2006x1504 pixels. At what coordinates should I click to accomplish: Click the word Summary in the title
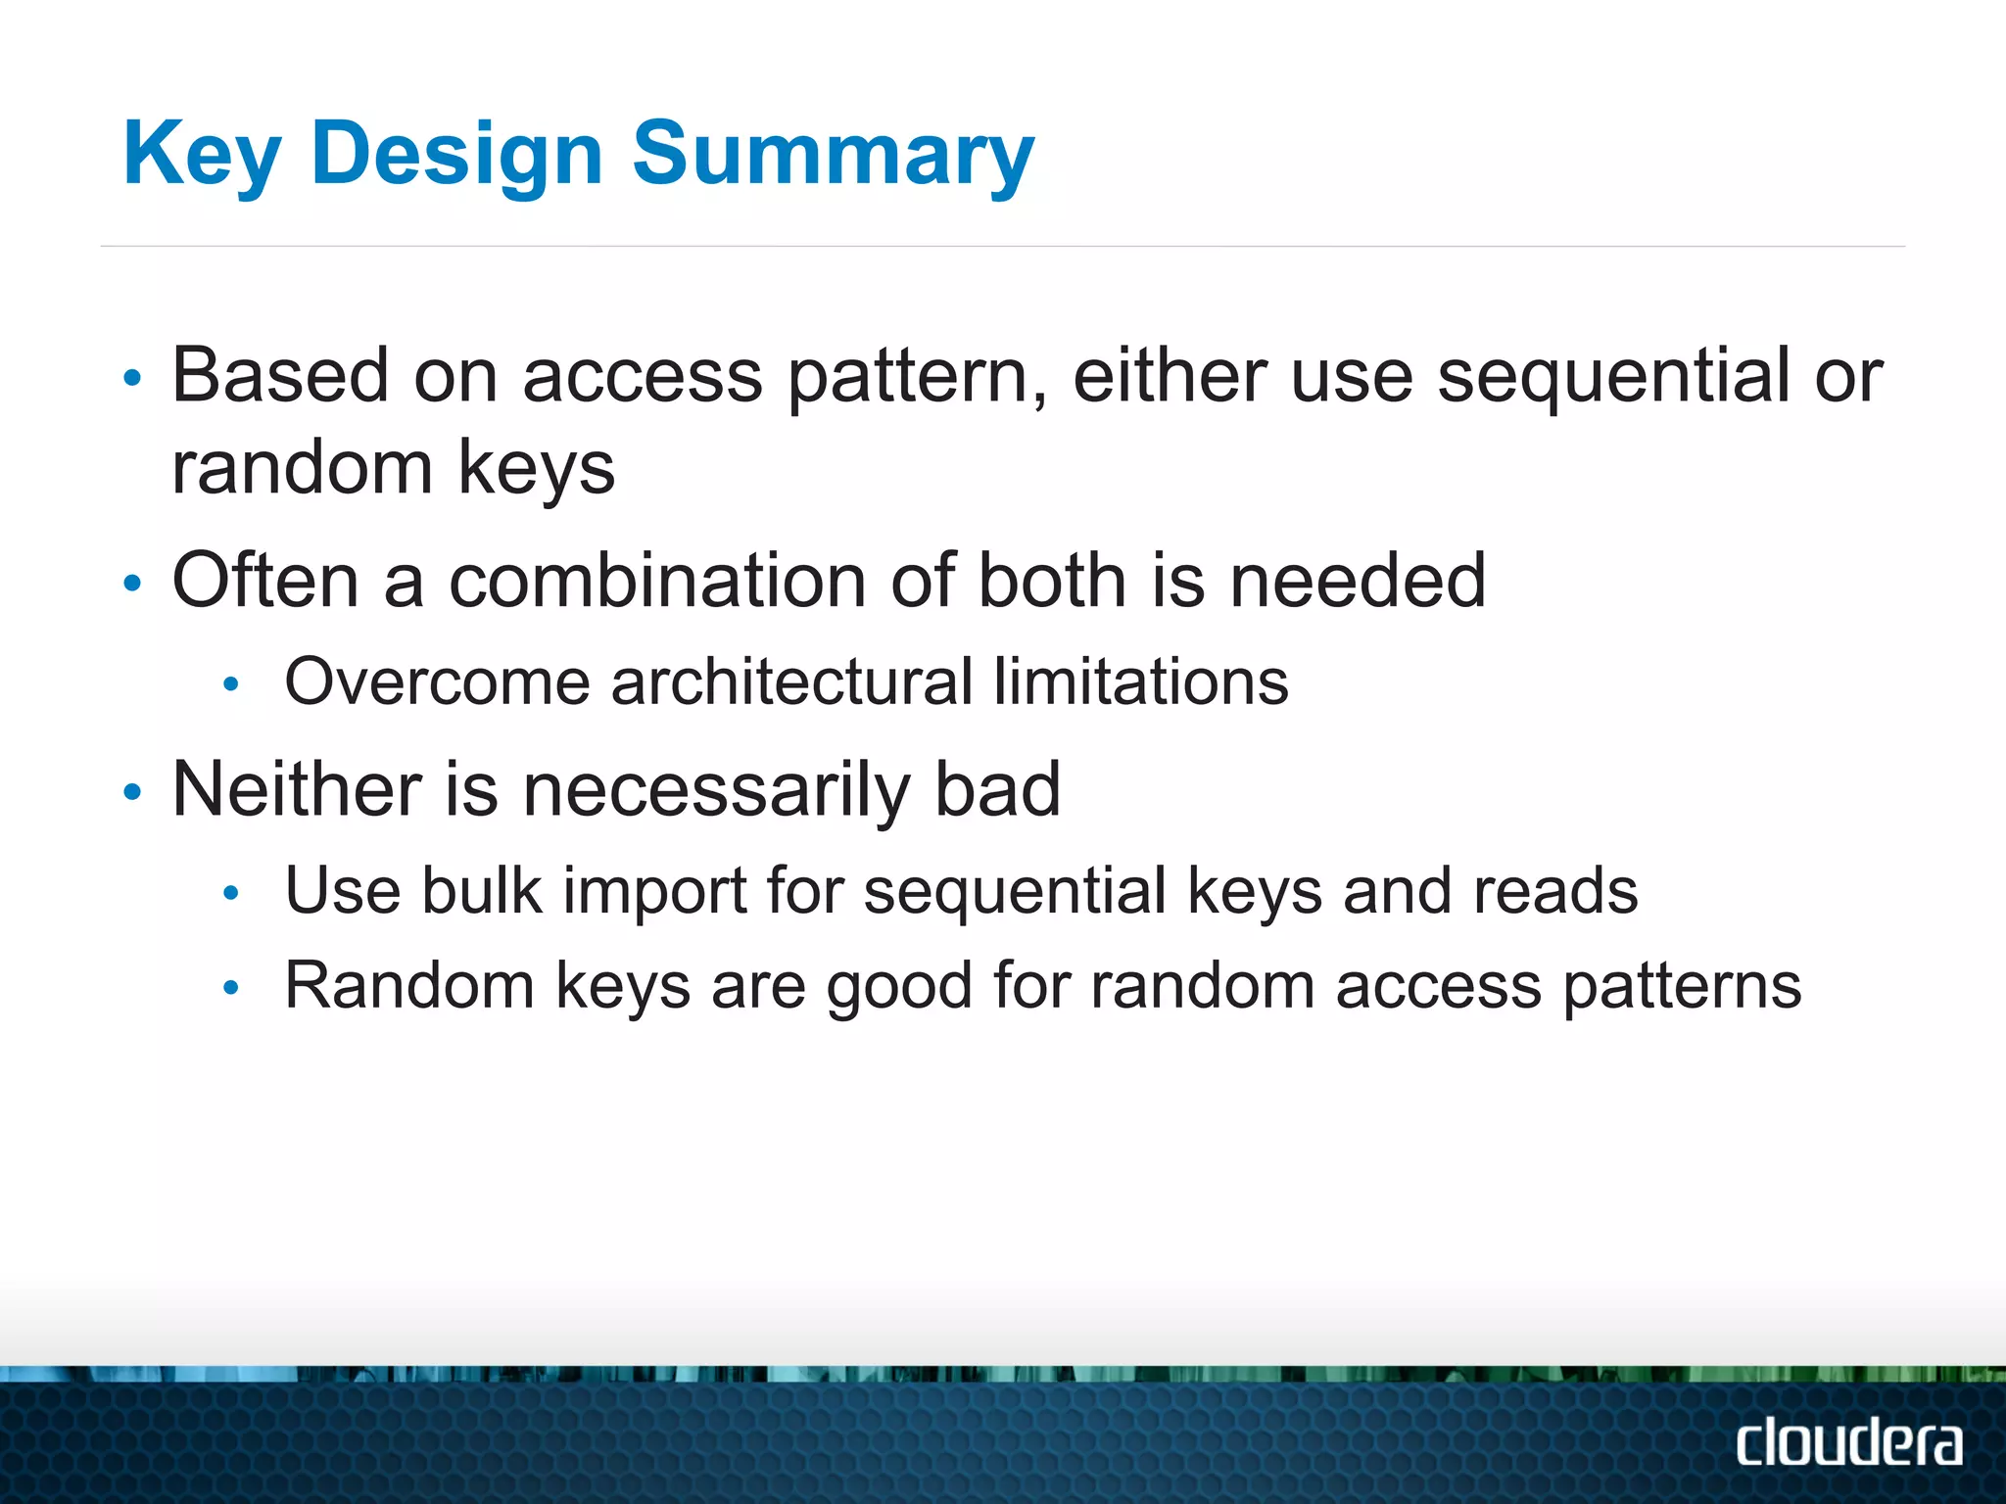833,155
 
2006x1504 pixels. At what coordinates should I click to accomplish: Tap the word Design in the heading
456,155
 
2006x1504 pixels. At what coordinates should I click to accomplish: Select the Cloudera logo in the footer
1848,1443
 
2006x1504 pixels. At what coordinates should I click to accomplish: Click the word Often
265,581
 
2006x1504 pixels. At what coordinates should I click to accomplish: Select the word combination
656,581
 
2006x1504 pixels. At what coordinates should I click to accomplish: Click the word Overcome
437,681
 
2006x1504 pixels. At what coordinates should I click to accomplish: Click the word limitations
1140,681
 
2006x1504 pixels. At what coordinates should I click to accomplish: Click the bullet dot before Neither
133,791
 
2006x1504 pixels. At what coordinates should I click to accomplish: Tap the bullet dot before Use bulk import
231,893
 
